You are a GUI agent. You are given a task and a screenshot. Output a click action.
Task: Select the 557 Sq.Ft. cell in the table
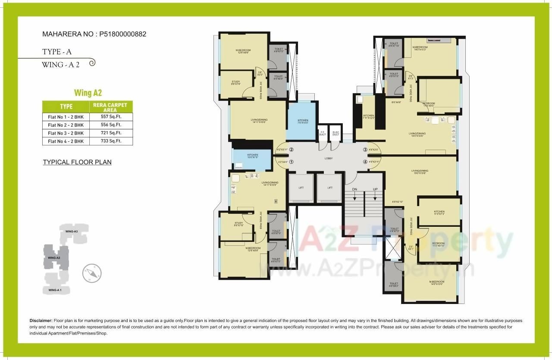point(111,116)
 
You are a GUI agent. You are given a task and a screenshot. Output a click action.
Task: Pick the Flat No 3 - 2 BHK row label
point(66,133)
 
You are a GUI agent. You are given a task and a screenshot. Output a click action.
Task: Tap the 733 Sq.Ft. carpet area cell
point(111,141)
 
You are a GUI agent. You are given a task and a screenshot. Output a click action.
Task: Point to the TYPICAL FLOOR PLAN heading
point(77,163)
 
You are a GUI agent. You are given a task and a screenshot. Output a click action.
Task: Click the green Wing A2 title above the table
point(88,93)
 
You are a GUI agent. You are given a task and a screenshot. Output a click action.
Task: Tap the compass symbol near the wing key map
point(92,273)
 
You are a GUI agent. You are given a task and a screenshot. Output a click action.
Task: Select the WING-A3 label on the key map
point(72,232)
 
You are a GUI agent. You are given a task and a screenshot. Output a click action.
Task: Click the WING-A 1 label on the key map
point(55,291)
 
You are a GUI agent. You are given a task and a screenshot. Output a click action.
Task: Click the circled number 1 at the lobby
point(292,162)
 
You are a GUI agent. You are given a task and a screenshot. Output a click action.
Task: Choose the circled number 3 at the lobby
point(365,150)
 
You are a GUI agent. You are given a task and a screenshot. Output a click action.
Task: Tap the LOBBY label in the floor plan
point(329,159)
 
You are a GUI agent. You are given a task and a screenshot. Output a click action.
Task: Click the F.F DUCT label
point(323,133)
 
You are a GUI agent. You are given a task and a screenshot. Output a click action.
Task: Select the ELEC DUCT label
point(336,133)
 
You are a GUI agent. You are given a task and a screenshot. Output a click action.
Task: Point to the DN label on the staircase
point(354,189)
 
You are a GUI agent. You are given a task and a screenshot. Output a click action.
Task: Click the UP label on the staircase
point(375,189)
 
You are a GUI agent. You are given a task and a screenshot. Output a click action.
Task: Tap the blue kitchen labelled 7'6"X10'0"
point(302,121)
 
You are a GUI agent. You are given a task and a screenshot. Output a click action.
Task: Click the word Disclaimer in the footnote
point(41,321)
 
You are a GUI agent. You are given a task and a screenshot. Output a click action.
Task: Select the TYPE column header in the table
point(66,106)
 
